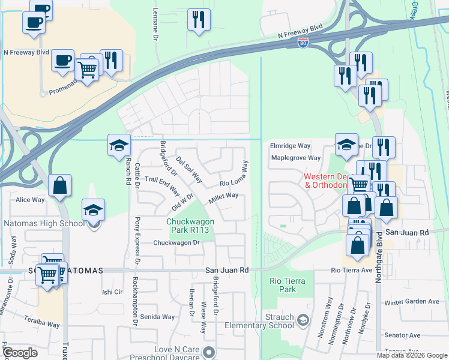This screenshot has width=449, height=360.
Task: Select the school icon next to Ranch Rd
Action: pos(119,145)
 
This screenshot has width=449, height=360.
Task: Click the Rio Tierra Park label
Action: pos(288,286)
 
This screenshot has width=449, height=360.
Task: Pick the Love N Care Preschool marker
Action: pos(208,352)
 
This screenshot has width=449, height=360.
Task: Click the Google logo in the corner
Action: pos(20,353)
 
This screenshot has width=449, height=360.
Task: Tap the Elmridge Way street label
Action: pos(290,146)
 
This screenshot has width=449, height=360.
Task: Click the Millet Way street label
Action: pos(223,197)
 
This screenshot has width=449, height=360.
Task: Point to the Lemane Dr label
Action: pos(155,20)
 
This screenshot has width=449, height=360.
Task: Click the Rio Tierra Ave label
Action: pos(352,271)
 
